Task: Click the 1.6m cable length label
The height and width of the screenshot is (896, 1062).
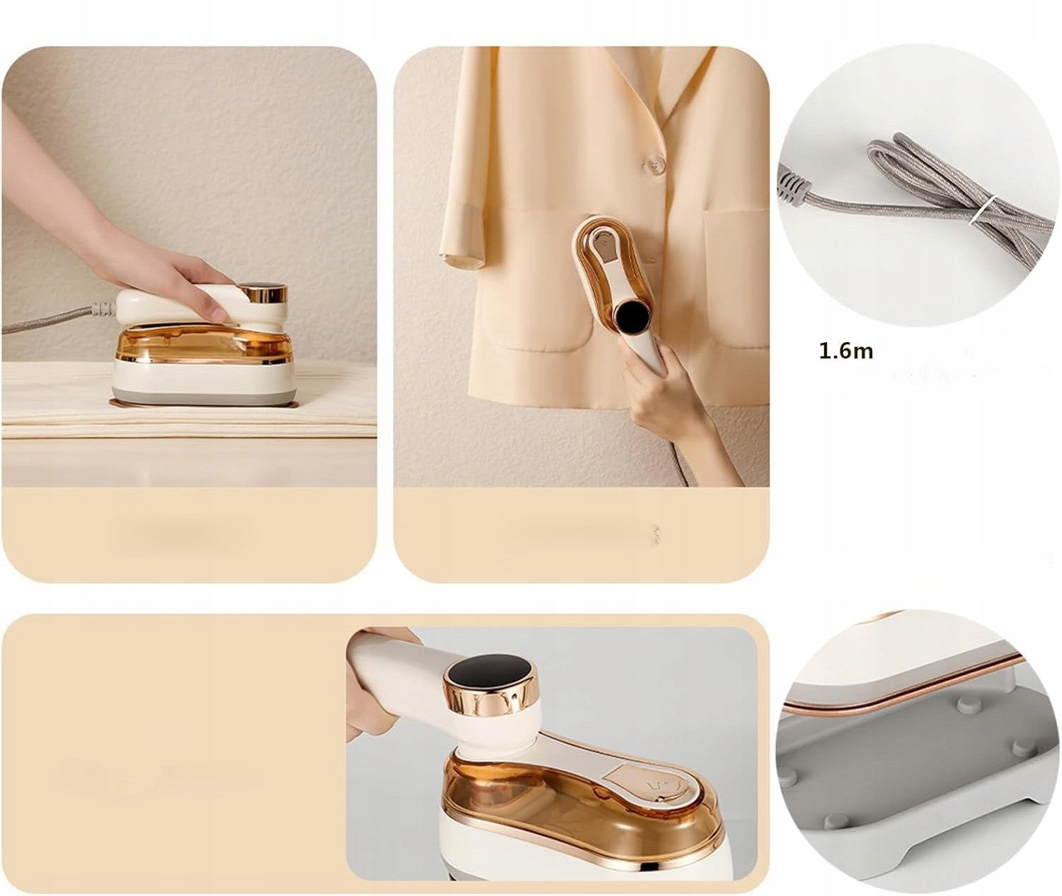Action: point(846,351)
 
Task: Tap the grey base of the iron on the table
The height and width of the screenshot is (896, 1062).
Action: point(202,396)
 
